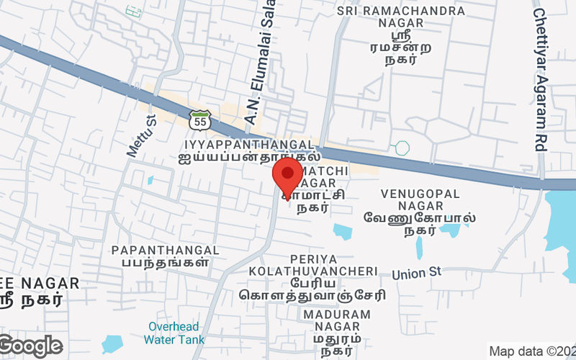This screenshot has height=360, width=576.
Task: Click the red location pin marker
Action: [287, 176]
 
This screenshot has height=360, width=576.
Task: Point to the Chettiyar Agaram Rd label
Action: [541, 79]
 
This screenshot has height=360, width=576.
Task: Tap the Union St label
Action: [415, 274]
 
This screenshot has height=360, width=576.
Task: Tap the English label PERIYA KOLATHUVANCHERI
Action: [313, 264]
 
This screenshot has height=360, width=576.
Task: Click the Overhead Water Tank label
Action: [174, 333]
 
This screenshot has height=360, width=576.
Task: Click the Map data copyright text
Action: [532, 351]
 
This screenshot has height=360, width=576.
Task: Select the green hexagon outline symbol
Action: [402, 148]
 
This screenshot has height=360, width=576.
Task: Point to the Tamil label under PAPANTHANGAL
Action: [166, 263]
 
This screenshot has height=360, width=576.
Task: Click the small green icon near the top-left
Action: [132, 11]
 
